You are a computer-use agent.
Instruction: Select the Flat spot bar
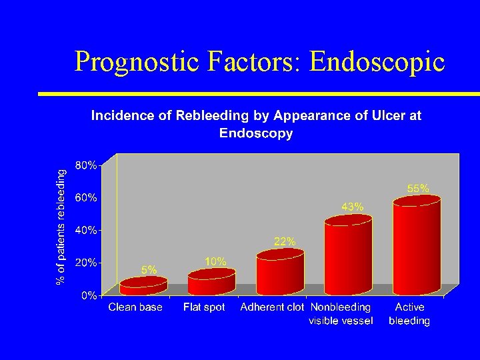tap(211, 283)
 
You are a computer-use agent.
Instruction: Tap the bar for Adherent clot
tap(280, 273)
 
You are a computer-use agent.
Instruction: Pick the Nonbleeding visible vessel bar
tap(347, 256)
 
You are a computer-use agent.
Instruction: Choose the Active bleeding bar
tap(417, 245)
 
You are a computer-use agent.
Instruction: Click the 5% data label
tap(149, 270)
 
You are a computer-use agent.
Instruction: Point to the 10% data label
tap(216, 262)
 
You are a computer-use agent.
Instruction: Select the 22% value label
tap(285, 241)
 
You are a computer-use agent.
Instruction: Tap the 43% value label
tap(353, 207)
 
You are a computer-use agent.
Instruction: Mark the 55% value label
tap(418, 189)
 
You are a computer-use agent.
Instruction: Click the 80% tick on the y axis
tap(85, 165)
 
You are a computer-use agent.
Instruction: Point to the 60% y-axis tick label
tap(85, 197)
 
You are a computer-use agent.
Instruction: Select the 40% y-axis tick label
tap(85, 230)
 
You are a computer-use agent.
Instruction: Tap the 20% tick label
tap(85, 263)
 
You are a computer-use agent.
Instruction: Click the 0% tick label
tap(88, 295)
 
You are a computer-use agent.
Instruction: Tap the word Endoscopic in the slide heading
tap(377, 61)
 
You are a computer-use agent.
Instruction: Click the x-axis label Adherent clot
tap(272, 307)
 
